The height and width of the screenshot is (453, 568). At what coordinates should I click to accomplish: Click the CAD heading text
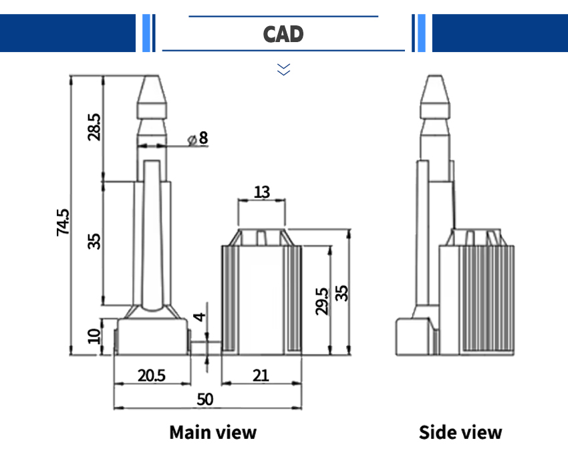tap(283, 33)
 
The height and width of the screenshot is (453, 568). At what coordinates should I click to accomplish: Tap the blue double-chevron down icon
tap(284, 68)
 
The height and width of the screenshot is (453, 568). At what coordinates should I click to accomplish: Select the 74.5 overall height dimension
tap(63, 222)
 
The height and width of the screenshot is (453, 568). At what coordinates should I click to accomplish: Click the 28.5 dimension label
tap(94, 126)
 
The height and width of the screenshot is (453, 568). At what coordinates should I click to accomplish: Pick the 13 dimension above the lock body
tap(262, 192)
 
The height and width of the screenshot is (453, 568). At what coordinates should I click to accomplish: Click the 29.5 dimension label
tap(321, 301)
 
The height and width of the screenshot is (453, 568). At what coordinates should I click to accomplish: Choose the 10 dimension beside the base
tap(94, 333)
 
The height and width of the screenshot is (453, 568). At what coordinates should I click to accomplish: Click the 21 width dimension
tap(261, 375)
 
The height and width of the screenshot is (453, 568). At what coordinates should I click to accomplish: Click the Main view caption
tap(212, 432)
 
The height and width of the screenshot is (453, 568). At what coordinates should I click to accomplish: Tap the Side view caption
tap(460, 432)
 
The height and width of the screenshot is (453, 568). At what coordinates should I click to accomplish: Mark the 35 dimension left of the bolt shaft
tap(94, 241)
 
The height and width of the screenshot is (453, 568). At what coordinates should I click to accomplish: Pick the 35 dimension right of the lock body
tap(341, 293)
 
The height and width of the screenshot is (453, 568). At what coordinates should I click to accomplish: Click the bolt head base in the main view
tap(151, 337)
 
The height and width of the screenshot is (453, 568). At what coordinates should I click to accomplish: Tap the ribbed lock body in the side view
tap(478, 301)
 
